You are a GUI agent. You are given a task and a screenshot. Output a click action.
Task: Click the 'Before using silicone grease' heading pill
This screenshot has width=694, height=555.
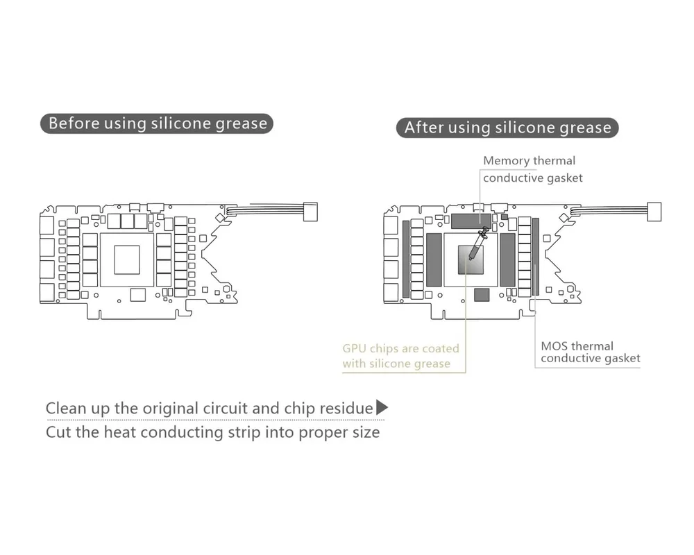click(158, 124)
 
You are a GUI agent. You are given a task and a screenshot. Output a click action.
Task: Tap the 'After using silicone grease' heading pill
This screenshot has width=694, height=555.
click(508, 128)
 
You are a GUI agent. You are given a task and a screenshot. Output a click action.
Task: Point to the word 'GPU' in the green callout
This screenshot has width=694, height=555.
click(355, 348)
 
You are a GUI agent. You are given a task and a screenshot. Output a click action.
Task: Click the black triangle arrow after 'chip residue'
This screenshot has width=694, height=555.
click(382, 407)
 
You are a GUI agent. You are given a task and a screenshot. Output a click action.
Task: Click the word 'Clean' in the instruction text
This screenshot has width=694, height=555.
click(67, 408)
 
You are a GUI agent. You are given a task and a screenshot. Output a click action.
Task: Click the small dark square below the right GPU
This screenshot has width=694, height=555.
click(480, 295)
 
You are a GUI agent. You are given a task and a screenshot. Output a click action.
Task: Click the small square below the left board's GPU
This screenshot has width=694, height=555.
click(135, 294)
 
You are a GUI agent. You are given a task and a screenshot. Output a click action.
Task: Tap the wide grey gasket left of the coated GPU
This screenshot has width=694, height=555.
click(434, 260)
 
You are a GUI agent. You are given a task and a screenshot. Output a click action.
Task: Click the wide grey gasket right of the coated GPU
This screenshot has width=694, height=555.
click(507, 260)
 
